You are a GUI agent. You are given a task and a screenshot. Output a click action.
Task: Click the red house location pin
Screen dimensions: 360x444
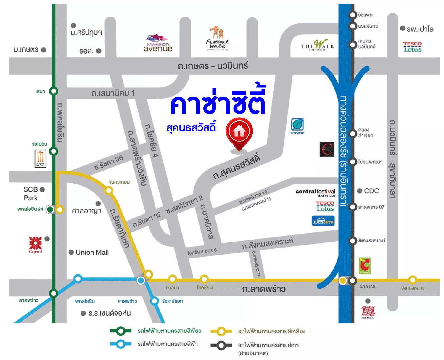coord(239,133)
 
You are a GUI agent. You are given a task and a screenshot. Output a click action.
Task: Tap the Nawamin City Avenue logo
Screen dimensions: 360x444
coord(158,43)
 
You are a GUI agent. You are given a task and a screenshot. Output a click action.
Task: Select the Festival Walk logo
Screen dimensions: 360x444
coord(217,39)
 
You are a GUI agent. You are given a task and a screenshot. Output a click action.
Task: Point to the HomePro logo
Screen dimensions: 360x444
coord(323,221)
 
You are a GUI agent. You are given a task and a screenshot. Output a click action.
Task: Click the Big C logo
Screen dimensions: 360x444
coord(365,266)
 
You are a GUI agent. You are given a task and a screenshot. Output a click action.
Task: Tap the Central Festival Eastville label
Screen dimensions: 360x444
coord(315,192)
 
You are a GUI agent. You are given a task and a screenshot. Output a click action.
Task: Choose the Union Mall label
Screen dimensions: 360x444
coord(92,252)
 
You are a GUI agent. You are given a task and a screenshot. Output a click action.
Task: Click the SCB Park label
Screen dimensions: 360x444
coord(31,194)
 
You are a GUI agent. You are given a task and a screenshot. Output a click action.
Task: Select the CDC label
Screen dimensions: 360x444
coord(371,191)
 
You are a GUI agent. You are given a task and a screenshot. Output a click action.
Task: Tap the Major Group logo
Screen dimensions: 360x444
coord(40,159)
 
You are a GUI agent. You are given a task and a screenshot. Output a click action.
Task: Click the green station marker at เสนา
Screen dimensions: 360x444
coord(54,91)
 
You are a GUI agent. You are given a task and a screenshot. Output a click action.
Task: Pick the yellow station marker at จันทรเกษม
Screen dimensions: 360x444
coord(109,191)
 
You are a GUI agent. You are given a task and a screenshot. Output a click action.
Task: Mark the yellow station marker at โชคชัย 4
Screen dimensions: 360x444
coord(204,279)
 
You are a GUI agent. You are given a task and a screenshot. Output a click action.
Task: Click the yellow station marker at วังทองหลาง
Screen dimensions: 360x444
coord(412,279)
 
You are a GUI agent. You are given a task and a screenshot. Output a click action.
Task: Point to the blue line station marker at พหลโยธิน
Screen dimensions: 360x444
coord(78,279)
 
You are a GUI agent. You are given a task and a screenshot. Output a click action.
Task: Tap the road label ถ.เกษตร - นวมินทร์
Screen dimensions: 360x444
coord(213,66)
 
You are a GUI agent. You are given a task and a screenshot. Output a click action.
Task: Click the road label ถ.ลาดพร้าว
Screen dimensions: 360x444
coord(264,289)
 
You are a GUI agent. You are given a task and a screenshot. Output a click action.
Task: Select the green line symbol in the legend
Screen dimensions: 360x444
coord(120,331)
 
